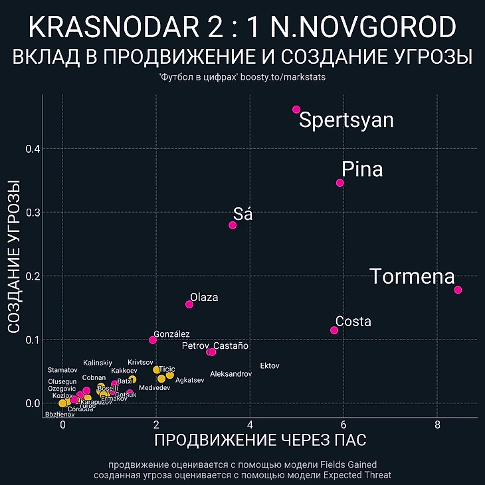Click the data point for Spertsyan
(x=296, y=110)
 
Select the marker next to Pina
(x=340, y=183)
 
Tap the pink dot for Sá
(x=233, y=225)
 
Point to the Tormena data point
(x=458, y=290)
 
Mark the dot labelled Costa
(x=334, y=330)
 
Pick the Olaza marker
(x=189, y=304)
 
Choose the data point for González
(x=153, y=339)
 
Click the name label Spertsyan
(x=346, y=120)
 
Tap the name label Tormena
(x=412, y=276)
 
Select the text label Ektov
(x=270, y=366)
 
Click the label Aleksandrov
(x=231, y=375)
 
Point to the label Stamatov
(x=62, y=370)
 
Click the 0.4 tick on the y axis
(x=33, y=149)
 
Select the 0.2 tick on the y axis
(x=33, y=276)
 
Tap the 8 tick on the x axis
(x=437, y=425)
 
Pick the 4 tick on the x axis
(x=250, y=425)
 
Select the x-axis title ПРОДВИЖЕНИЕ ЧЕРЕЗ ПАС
(x=260, y=440)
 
